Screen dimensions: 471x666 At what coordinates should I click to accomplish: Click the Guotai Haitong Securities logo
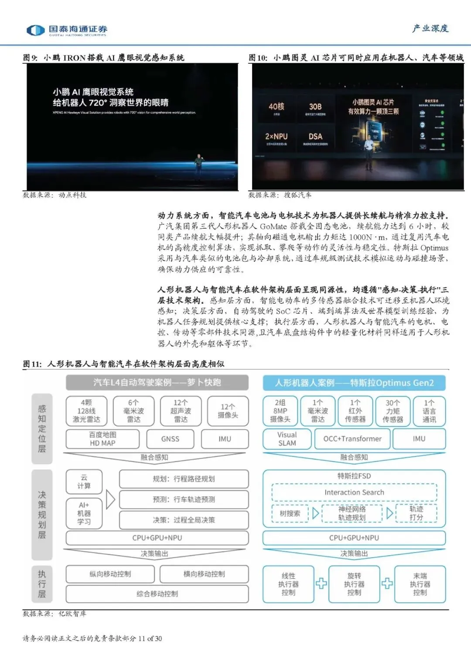pos(66,30)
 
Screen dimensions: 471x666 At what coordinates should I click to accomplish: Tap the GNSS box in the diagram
pos(170,439)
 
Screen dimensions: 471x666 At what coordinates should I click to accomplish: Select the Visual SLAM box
pos(287,439)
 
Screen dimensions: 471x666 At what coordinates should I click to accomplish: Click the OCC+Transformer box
pos(352,439)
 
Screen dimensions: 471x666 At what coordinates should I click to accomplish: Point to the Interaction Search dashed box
pos(354,492)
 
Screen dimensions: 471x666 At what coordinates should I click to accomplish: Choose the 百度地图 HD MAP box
pos(102,439)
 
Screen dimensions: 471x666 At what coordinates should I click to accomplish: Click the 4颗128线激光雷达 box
pos(86,411)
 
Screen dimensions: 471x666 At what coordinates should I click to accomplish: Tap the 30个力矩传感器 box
pos(393,411)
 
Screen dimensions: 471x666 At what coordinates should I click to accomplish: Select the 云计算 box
pos(84,481)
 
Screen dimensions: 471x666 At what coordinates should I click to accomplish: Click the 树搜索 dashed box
pos(290,513)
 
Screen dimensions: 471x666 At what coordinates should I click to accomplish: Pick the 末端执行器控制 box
pos(420,584)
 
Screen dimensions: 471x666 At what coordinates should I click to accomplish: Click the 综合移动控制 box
pos(157,594)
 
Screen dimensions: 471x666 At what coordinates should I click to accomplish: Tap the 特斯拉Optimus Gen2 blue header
pos(354,383)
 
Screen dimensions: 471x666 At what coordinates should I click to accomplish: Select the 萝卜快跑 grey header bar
pos(157,383)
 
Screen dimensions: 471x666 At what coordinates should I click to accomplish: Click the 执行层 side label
pos(42,584)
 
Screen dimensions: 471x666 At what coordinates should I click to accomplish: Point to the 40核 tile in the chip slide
pos(276,108)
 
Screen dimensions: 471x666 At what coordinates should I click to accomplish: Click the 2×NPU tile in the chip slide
pos(276,138)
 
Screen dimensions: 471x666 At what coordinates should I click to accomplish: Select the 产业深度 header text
pos(430,29)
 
